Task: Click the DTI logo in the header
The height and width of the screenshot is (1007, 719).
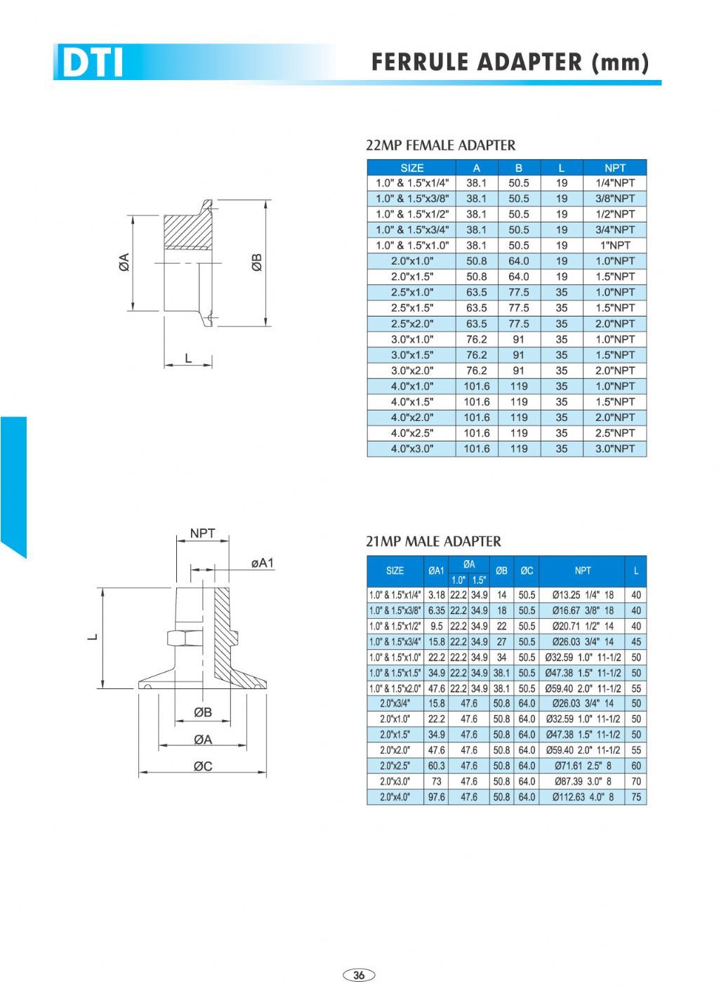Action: (x=93, y=62)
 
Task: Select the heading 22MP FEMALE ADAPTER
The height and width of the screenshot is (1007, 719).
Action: (x=440, y=145)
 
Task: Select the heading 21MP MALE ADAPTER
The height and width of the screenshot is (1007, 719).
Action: (x=433, y=541)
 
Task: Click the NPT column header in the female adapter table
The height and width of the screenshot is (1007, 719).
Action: (x=614, y=168)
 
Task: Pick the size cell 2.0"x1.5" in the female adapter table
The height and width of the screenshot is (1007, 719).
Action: (x=411, y=276)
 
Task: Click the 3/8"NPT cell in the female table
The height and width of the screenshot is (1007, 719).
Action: (x=614, y=199)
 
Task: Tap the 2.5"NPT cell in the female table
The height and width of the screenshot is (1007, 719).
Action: (x=614, y=433)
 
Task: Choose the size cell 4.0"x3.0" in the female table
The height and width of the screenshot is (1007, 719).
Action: (x=411, y=448)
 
